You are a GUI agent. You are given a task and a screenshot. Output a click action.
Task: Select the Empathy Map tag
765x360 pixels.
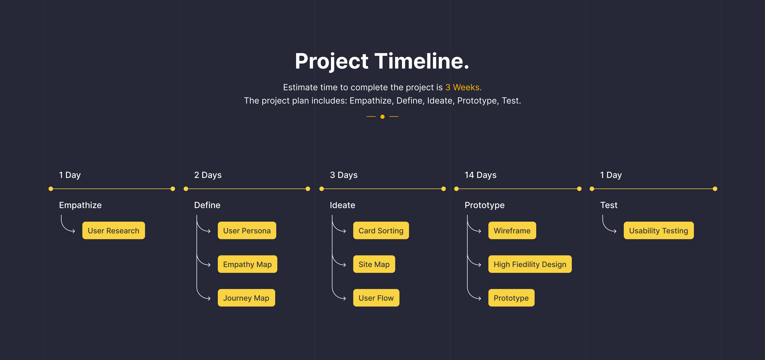[247, 264]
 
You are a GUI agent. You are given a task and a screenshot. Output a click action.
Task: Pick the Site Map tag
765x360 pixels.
[374, 264]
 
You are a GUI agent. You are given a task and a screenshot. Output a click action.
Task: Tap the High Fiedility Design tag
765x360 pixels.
[530, 264]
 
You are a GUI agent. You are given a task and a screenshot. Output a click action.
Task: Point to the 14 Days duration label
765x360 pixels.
[480, 175]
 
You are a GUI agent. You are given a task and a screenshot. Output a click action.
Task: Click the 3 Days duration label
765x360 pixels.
[344, 175]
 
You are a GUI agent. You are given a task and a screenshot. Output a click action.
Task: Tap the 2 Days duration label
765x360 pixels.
[208, 175]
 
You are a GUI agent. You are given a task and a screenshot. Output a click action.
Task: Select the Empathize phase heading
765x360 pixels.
[80, 205]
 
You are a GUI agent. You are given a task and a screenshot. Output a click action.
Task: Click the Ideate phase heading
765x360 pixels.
[342, 205]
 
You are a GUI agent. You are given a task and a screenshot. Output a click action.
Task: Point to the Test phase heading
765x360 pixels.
[609, 205]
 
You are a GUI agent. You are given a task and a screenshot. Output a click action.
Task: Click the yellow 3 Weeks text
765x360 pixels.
[463, 87]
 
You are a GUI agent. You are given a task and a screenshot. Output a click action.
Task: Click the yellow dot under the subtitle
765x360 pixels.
[382, 117]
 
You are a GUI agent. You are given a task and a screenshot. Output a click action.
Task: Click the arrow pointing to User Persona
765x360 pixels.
[203, 225]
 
